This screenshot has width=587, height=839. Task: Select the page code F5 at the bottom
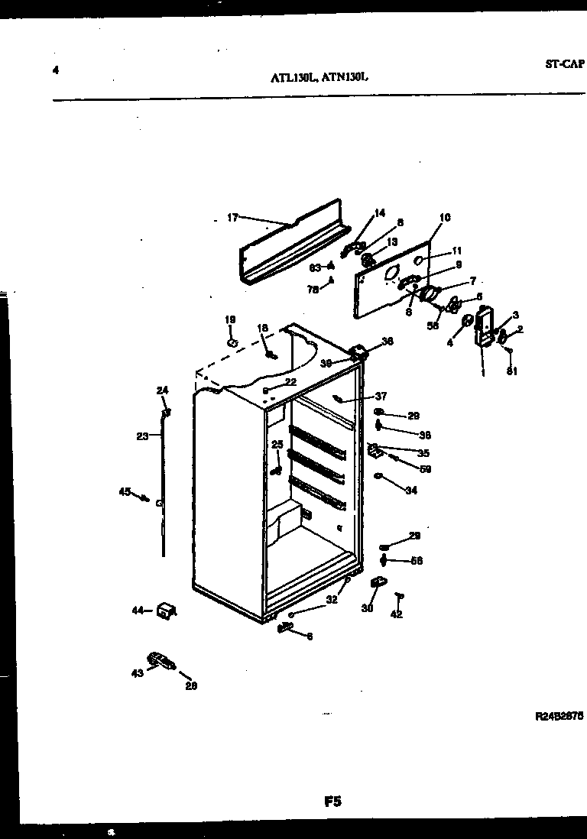click(x=332, y=802)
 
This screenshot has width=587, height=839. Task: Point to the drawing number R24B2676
click(x=559, y=718)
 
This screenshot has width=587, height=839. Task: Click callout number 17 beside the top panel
click(x=232, y=218)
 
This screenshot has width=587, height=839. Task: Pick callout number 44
click(x=138, y=610)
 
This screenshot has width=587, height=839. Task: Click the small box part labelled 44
click(x=165, y=611)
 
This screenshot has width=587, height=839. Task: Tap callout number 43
click(x=137, y=672)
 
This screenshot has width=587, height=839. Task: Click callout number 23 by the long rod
click(x=142, y=436)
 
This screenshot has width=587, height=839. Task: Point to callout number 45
click(x=125, y=491)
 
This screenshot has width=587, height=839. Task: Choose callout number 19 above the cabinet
click(x=230, y=319)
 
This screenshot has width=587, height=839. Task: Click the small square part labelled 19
click(x=232, y=343)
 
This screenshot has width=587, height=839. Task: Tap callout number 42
click(x=397, y=614)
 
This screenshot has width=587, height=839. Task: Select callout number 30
click(x=366, y=609)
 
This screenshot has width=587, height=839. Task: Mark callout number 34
click(x=411, y=490)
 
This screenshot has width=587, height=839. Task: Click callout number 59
click(x=426, y=469)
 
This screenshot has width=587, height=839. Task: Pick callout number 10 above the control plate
click(x=445, y=218)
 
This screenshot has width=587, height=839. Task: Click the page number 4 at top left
click(x=56, y=71)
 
